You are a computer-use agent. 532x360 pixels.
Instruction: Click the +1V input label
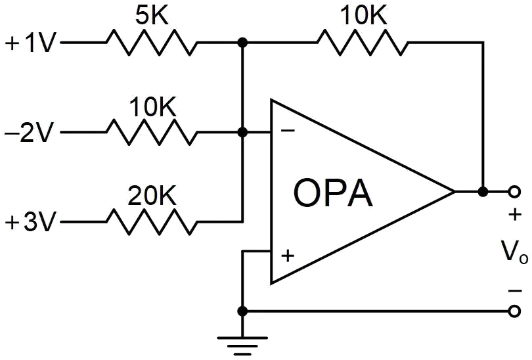click(x=30, y=43)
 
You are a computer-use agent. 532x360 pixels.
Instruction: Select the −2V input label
click(x=29, y=132)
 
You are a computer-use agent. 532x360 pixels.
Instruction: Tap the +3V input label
click(x=30, y=222)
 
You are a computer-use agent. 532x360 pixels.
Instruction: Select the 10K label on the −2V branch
click(x=153, y=107)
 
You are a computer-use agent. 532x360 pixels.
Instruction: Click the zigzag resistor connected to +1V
click(x=152, y=43)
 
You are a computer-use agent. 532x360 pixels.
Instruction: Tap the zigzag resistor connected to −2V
click(x=152, y=132)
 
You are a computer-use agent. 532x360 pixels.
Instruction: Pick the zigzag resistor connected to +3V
click(x=152, y=222)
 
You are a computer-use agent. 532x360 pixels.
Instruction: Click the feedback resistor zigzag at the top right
click(x=363, y=43)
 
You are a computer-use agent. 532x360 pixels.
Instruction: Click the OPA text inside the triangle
click(x=333, y=193)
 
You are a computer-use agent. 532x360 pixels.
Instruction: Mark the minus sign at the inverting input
click(x=288, y=130)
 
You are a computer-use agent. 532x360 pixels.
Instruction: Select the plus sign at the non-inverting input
click(x=288, y=256)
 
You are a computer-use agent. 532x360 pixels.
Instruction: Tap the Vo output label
click(x=514, y=252)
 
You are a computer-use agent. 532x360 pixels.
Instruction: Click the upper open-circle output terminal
click(x=514, y=192)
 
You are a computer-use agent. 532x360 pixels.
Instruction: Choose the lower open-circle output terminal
click(x=514, y=311)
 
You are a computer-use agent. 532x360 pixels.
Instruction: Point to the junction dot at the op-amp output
click(x=483, y=192)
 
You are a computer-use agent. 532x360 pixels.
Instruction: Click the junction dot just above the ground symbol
click(x=242, y=311)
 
